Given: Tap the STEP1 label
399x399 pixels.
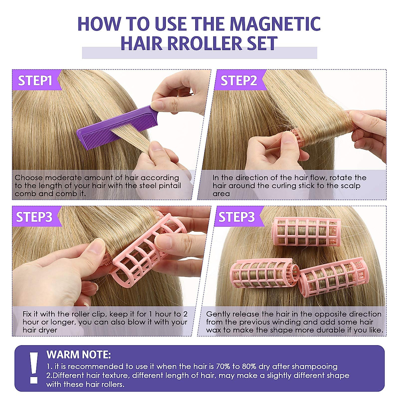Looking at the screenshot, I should [35, 81].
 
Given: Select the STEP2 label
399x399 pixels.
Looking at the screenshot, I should [239, 81].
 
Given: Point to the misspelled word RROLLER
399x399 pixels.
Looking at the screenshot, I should [199, 43].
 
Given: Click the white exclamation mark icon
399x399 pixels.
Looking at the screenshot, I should [34, 367].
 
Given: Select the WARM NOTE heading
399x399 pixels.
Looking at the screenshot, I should [78, 354].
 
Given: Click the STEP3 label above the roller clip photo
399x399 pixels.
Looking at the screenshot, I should [34, 217].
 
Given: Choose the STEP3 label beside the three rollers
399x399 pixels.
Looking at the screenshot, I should [236, 217].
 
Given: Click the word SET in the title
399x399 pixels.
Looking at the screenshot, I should [262, 43].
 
